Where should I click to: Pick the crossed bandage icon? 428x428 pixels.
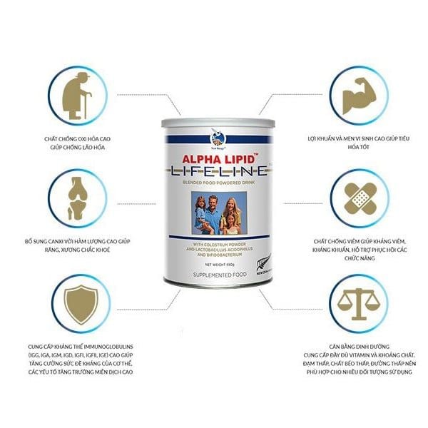[x=355, y=195]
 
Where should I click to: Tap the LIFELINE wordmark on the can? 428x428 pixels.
[x=214, y=171]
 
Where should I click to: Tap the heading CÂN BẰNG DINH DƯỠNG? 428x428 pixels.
[x=354, y=342]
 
